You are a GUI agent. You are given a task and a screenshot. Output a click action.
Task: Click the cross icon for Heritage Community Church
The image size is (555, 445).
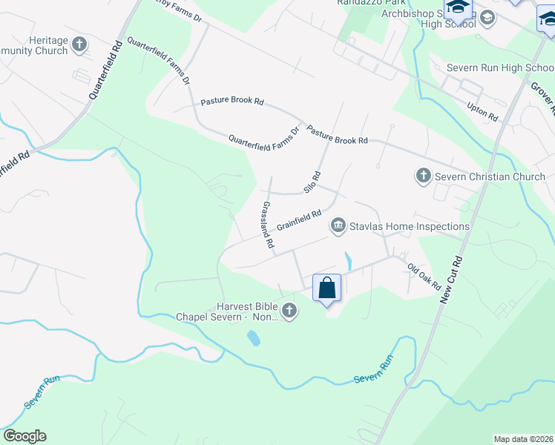[79, 45]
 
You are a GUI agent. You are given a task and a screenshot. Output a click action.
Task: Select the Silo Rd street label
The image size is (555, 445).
[312, 182]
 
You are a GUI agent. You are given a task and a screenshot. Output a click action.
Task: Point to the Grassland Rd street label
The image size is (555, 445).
[268, 224]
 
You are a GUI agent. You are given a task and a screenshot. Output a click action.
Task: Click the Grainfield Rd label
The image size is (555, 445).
[298, 220]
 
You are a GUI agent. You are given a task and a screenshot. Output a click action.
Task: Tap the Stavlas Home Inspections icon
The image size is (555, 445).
[338, 224]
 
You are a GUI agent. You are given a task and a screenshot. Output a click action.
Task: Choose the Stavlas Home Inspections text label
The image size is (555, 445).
[410, 226]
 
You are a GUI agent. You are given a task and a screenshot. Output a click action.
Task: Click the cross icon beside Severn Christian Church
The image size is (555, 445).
[423, 176]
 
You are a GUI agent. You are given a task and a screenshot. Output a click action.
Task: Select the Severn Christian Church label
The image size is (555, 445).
[490, 177]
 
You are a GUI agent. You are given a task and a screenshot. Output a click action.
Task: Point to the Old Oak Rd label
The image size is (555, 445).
[424, 276]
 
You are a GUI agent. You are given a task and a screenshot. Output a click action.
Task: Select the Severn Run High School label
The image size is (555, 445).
[499, 68]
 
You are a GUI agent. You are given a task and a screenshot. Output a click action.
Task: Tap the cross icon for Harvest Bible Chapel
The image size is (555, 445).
[289, 311]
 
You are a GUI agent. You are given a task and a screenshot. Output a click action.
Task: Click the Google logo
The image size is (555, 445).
[24, 436]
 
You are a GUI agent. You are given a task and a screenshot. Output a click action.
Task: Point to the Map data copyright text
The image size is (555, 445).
[523, 439]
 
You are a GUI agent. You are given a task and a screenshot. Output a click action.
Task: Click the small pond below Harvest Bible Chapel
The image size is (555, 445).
[254, 339]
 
